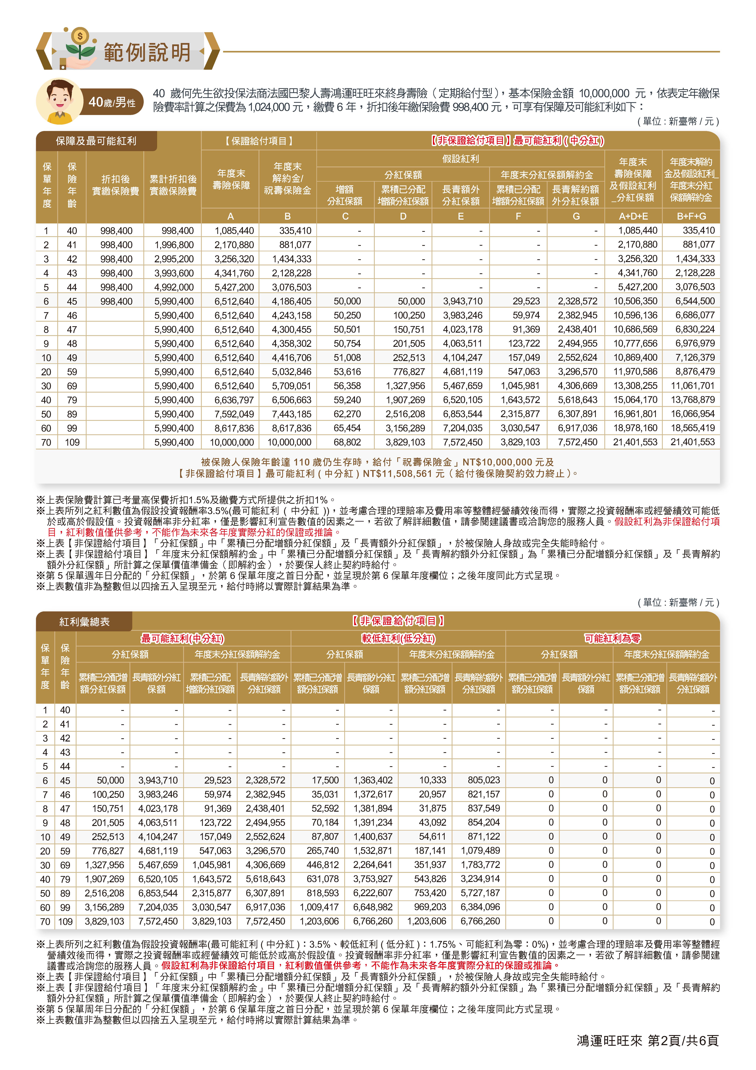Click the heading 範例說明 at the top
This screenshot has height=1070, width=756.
(147, 52)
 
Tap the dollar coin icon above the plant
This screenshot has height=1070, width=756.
(80, 36)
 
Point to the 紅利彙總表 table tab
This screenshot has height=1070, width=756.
(84, 622)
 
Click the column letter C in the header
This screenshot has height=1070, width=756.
(345, 216)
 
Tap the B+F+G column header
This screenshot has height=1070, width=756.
(691, 216)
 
